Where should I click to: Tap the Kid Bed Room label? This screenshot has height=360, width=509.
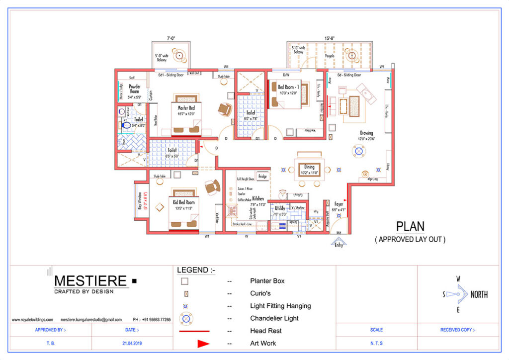(183, 202)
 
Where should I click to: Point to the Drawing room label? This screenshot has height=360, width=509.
(366, 133)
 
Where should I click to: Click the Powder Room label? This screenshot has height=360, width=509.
(134, 89)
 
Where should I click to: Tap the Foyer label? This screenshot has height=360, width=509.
(339, 204)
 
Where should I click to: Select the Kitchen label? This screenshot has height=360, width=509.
(257, 198)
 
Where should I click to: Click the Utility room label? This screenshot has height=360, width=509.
(280, 208)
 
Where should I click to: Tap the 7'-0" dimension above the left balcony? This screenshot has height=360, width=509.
(171, 38)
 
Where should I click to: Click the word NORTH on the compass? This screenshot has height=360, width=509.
(479, 294)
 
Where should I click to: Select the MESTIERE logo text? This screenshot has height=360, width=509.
(90, 281)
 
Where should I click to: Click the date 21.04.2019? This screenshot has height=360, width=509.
(132, 343)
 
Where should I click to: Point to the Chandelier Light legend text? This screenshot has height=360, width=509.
(274, 318)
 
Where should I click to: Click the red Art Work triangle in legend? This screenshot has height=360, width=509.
(204, 343)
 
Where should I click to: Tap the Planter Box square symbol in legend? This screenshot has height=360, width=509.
(185, 281)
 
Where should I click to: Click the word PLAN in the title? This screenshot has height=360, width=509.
(410, 226)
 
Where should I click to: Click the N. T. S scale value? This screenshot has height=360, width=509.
(376, 343)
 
